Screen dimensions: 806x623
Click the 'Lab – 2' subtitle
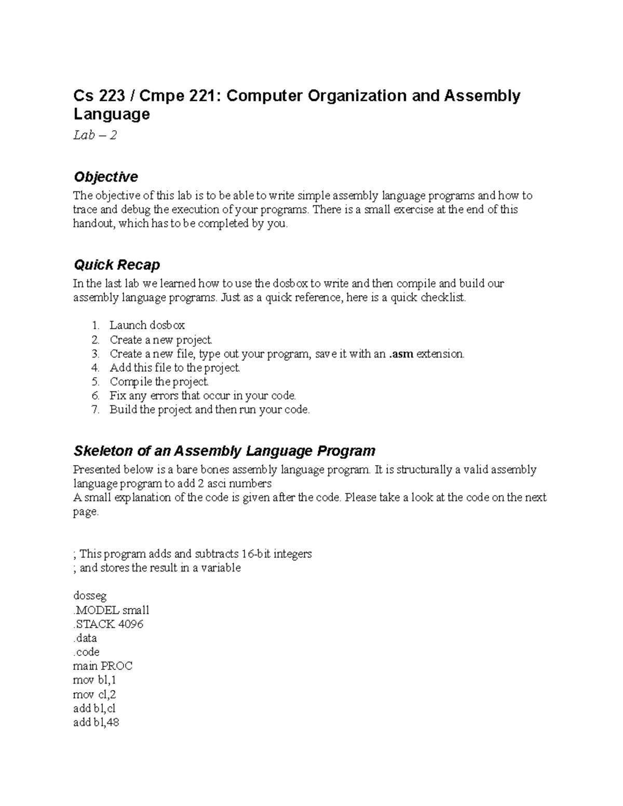click(x=95, y=135)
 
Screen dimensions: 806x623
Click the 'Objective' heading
click(x=106, y=177)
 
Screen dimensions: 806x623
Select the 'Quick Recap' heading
click(x=117, y=265)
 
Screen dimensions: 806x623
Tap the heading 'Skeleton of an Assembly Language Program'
click(x=224, y=450)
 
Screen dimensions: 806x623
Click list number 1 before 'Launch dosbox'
click(x=94, y=325)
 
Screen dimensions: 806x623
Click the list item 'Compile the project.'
click(x=159, y=382)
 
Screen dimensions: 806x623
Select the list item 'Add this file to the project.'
click(x=174, y=368)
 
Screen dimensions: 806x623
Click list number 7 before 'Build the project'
click(x=94, y=409)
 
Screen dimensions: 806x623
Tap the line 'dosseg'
click(x=90, y=596)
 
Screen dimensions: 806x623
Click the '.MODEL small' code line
click(x=111, y=610)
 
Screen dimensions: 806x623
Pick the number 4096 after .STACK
click(x=131, y=624)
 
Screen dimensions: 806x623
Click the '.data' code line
click(x=85, y=638)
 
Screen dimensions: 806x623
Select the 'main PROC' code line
click(x=103, y=666)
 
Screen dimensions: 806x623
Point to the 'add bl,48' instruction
click(x=97, y=722)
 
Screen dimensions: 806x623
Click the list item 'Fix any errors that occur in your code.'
click(x=202, y=396)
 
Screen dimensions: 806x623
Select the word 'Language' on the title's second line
click(x=112, y=114)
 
